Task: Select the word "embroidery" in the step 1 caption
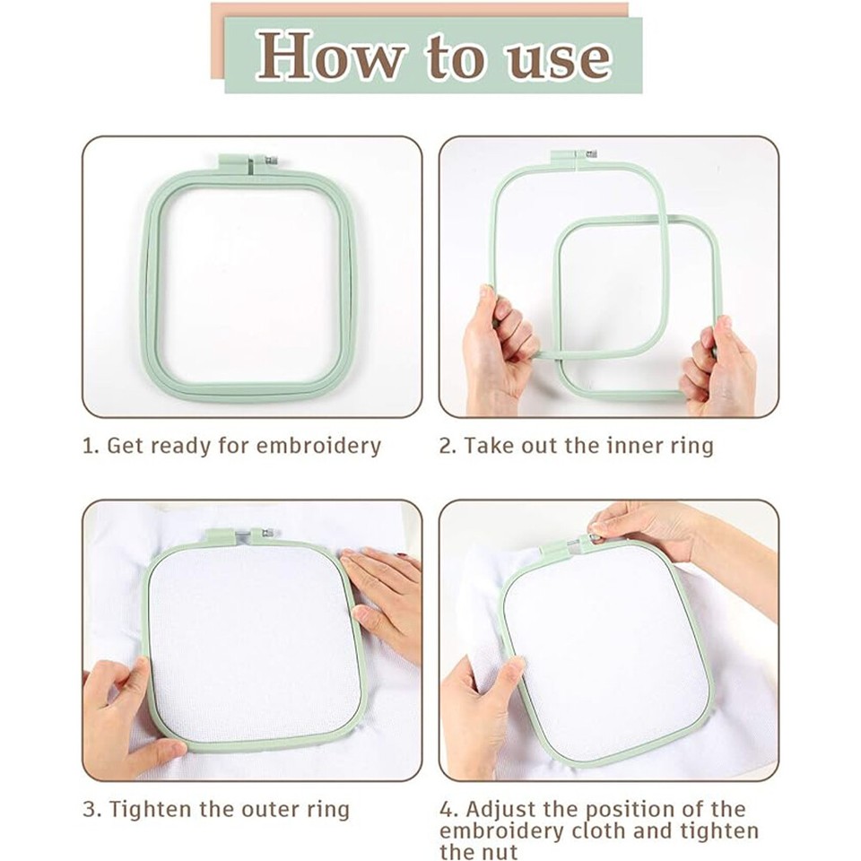[x=318, y=446]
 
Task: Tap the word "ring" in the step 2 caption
[x=692, y=446]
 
